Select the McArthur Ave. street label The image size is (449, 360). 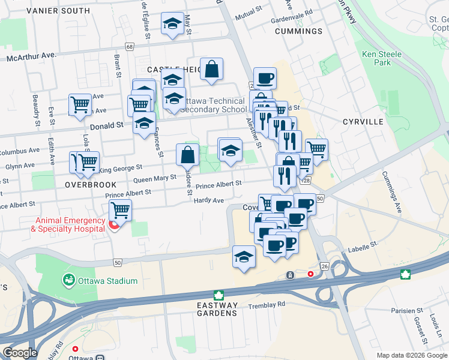tap(31, 55)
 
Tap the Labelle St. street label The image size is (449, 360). tap(364, 245)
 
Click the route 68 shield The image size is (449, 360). tap(129, 46)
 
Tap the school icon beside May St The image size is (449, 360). tap(172, 24)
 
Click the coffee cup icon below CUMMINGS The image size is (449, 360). tap(264, 77)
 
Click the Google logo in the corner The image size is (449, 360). tap(19, 353)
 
